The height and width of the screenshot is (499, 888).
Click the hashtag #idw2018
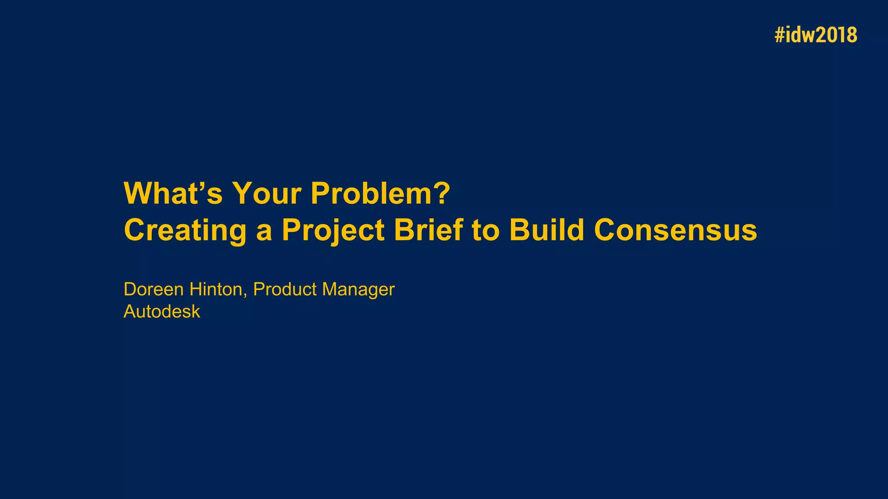[x=816, y=35]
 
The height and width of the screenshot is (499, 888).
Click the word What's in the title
[x=173, y=193]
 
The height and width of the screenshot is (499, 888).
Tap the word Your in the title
[x=267, y=193]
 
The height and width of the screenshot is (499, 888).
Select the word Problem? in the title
[x=380, y=193]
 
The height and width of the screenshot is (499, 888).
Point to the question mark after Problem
[x=442, y=193]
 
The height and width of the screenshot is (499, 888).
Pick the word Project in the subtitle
[x=333, y=230]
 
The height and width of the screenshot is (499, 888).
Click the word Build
[x=546, y=230]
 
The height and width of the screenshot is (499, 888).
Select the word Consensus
[x=675, y=230]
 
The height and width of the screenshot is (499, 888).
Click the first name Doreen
[x=153, y=289]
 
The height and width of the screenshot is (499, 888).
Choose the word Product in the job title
[x=285, y=289]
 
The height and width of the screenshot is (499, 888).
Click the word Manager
[x=358, y=289]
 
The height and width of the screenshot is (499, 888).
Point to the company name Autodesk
[x=162, y=311]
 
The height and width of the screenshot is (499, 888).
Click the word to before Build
[x=486, y=230]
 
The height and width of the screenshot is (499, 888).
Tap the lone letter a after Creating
[x=264, y=232]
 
